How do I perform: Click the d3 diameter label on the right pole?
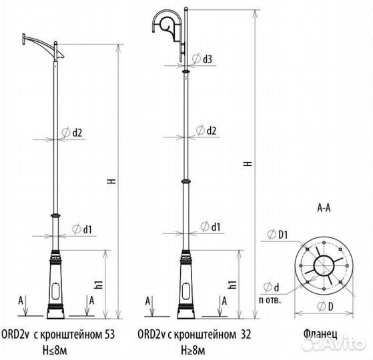tap(207, 60)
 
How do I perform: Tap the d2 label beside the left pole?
tap(77, 133)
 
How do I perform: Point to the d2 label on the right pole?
tap(211, 131)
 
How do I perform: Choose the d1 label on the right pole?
tap(215, 227)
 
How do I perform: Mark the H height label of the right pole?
tap(248, 164)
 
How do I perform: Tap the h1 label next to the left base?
tap(99, 283)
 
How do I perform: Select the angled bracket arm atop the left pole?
tap(40, 43)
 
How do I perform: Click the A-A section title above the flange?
tap(325, 208)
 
